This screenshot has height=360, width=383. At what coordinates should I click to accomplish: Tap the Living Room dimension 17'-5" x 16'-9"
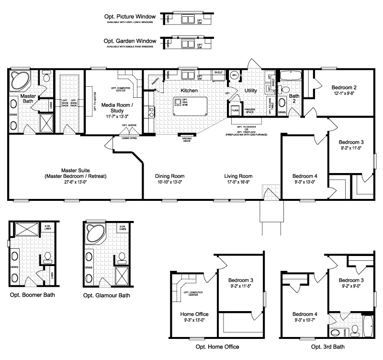(x=238, y=182)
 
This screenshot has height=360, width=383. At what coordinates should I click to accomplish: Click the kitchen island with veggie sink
(x=190, y=105)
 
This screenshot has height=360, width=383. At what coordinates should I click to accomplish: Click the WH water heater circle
(x=235, y=75)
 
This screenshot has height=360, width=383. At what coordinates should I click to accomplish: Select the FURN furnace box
(x=235, y=110)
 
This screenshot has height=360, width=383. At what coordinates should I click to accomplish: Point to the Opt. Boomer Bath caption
(x=32, y=294)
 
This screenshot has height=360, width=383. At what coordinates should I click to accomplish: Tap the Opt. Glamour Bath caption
(x=106, y=295)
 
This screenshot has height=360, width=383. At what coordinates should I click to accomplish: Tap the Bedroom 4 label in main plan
(x=305, y=176)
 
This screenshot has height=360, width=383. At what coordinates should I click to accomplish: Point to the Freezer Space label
(x=250, y=111)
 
